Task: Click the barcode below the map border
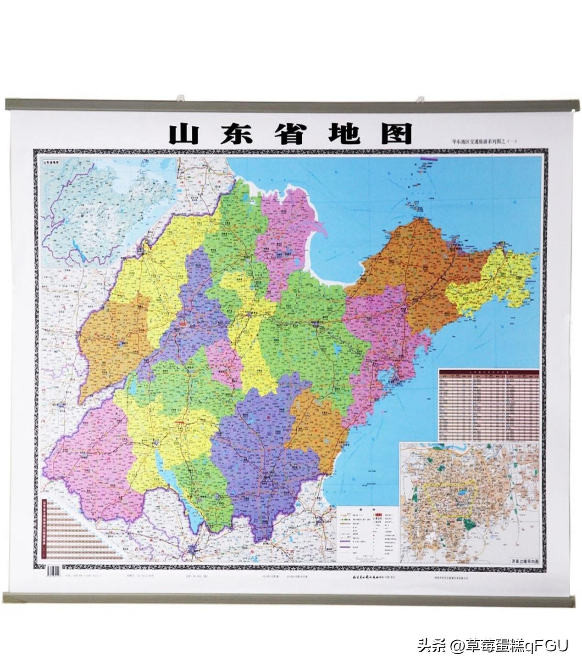[54, 571]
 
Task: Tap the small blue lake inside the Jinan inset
[460, 495]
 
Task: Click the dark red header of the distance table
[488, 370]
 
